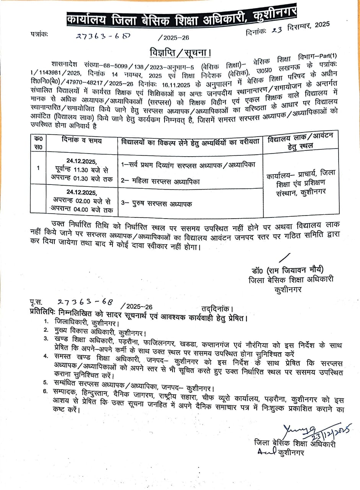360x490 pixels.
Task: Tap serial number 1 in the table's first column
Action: [x=37, y=168]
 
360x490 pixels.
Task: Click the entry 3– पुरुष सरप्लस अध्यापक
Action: [x=157, y=204]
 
